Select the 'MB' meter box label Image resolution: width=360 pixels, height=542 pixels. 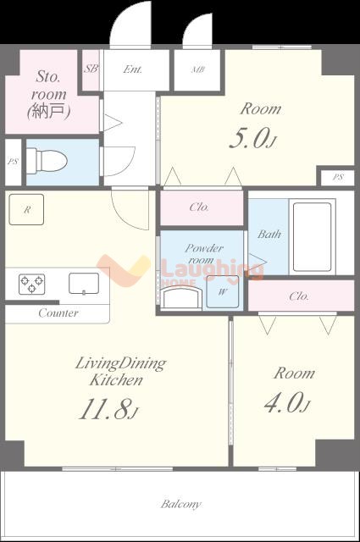point(197,70)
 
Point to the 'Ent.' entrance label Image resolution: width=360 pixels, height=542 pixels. point(132,69)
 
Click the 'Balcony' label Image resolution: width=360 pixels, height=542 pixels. point(181,504)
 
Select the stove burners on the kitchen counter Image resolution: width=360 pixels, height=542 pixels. point(32,284)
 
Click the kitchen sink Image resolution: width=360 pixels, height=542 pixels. point(83,283)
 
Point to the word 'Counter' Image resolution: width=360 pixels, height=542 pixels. point(58,313)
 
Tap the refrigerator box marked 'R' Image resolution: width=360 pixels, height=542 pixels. point(27,210)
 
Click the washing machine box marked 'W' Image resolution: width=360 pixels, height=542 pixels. point(222,292)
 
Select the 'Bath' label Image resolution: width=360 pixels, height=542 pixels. point(269,235)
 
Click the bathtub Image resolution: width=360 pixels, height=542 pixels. point(321,237)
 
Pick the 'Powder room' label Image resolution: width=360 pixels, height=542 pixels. point(203,254)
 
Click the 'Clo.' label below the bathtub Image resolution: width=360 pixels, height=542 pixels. point(298,296)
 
